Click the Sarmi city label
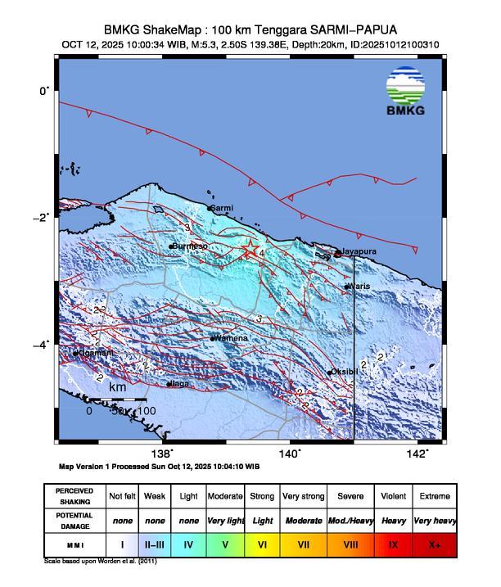tap(223, 209)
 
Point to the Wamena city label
tap(230, 337)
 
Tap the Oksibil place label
tap(345, 372)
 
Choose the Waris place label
tap(359, 286)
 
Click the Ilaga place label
tap(179, 383)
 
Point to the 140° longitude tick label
tap(290, 454)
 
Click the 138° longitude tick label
tap(163, 454)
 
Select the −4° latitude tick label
tap(43, 344)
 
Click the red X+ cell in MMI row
tap(434, 544)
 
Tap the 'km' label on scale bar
tap(118, 386)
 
